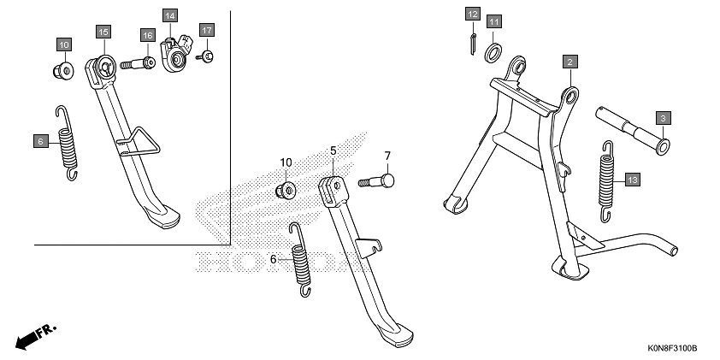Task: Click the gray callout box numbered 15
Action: tap(102, 32)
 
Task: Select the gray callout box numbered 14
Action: tap(170, 15)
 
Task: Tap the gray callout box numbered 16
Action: tap(148, 35)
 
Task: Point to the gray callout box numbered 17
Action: tap(206, 30)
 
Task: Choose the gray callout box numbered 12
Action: tap(473, 14)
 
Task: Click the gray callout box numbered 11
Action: tap(495, 21)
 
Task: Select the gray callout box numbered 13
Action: tap(631, 180)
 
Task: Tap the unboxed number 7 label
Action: tap(387, 156)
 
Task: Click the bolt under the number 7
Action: tap(377, 181)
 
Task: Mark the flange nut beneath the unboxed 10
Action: tap(287, 186)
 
